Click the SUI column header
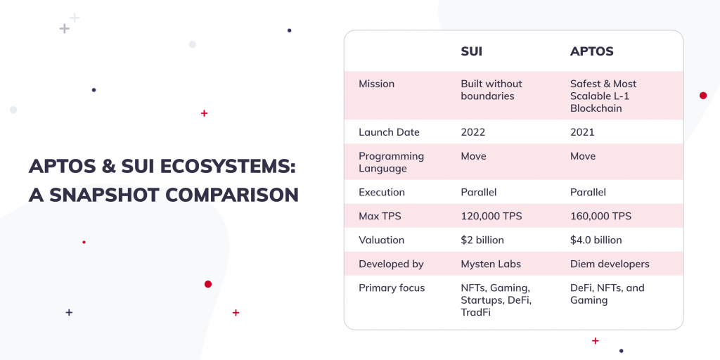471,52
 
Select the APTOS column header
591,52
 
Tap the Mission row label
377,84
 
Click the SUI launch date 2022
473,132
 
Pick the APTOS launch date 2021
582,132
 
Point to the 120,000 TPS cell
491,216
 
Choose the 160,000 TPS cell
600,216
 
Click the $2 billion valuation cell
482,240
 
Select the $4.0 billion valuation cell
596,240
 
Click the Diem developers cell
610,264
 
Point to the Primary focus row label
392,288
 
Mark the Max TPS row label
380,216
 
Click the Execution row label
382,192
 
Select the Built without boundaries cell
491,90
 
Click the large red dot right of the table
703,96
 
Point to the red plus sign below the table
596,341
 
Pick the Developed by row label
391,264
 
